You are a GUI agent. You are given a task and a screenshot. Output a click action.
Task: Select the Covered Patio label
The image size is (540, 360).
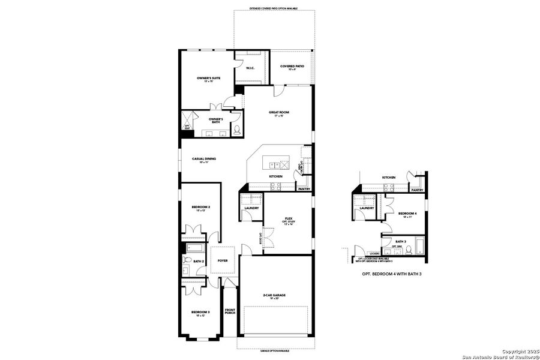click(x=292, y=67)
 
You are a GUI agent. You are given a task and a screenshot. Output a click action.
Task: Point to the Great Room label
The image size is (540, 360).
click(x=279, y=113)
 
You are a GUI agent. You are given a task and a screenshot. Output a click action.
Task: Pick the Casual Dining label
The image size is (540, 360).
click(x=203, y=160)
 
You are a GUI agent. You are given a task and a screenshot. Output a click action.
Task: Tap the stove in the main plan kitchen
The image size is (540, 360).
click(x=275, y=186)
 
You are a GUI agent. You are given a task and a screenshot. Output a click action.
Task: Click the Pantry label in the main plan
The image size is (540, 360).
click(x=304, y=189)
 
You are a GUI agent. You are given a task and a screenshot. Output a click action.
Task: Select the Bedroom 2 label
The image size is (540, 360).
click(x=200, y=208)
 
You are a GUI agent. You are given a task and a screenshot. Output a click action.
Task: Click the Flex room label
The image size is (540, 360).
click(x=288, y=220)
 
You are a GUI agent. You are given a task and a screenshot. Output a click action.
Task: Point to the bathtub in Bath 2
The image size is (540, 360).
click(x=195, y=248)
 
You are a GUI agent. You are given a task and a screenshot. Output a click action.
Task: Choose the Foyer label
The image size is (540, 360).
click(x=223, y=260)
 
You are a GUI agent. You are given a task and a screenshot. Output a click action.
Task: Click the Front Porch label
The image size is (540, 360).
click(x=230, y=311)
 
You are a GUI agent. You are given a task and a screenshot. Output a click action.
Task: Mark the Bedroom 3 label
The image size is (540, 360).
click(x=200, y=313)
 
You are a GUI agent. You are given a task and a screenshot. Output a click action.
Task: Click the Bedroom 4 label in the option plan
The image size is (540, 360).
click(x=407, y=214)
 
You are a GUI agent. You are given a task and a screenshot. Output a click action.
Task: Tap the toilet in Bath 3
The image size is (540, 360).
click(x=407, y=250)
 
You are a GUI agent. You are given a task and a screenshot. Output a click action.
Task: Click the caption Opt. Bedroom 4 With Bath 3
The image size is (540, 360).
click(x=390, y=274)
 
